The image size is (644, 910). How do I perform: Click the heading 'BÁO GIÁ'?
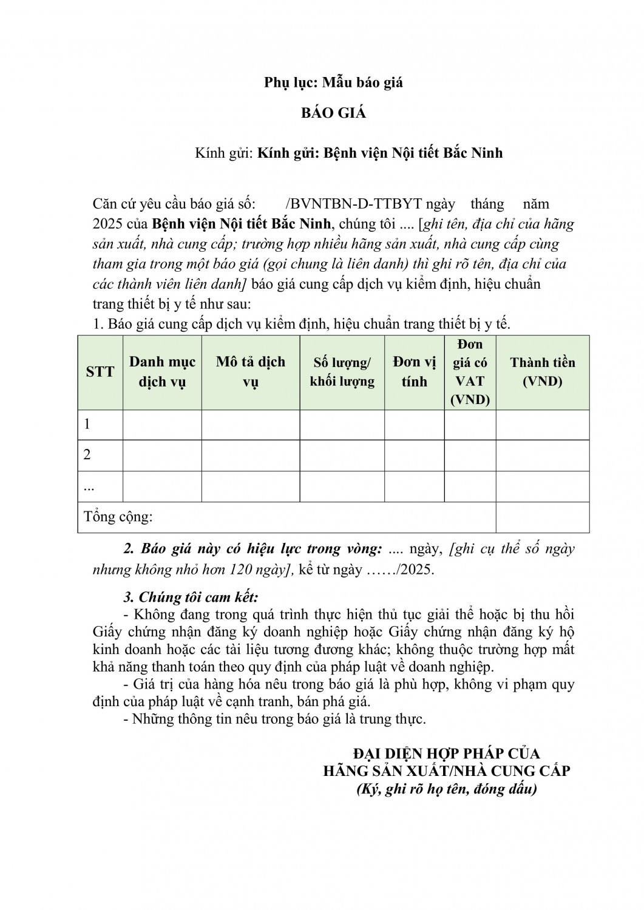click(x=334, y=113)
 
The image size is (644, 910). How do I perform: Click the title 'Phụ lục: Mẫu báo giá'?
click(x=334, y=83)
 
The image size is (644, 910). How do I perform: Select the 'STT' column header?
click(x=100, y=372)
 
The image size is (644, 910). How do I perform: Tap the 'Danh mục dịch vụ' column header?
click(x=162, y=372)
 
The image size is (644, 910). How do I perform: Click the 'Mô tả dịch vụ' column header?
click(x=250, y=372)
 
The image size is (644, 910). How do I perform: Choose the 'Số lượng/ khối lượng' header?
click(x=342, y=372)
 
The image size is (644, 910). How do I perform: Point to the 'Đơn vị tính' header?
click(x=415, y=372)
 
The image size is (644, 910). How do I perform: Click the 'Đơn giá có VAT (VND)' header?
click(x=470, y=372)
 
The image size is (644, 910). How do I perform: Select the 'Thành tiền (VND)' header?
click(x=543, y=372)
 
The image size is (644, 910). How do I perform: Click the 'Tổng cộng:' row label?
click(x=119, y=517)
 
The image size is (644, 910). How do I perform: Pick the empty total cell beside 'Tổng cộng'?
click(x=543, y=517)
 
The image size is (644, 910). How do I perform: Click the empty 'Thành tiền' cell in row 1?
click(x=543, y=425)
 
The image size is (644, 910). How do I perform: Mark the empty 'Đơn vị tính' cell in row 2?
click(x=415, y=455)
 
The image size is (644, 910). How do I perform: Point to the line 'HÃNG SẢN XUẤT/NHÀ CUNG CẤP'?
click(x=447, y=771)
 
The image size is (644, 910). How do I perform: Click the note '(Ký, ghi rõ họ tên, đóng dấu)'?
click(x=447, y=790)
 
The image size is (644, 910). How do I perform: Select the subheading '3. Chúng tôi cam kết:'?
click(x=191, y=597)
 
